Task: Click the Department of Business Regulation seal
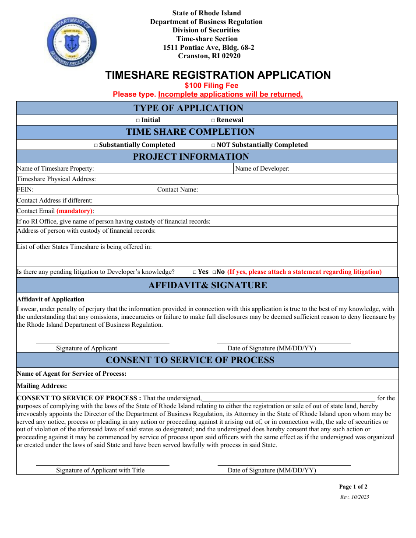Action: [x=72, y=42]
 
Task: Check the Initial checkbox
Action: [x=137, y=120]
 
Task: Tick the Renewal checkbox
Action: [x=213, y=120]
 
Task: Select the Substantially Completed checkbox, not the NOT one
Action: [x=96, y=145]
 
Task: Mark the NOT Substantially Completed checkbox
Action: [x=213, y=145]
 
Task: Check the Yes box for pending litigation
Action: [x=194, y=272]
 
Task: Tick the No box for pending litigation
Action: [x=214, y=272]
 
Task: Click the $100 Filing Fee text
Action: [x=212, y=86]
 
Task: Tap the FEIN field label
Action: [x=25, y=190]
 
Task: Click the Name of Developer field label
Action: [x=262, y=169]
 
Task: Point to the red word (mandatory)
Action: [x=74, y=211]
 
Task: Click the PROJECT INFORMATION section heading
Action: [x=191, y=157]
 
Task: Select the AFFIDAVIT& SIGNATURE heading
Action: [x=208, y=286]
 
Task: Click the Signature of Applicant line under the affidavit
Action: [x=102, y=342]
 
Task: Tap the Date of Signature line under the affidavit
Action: [x=284, y=342]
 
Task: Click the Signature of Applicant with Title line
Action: [x=102, y=465]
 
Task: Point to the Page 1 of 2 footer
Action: [x=353, y=487]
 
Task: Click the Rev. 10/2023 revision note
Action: [x=354, y=497]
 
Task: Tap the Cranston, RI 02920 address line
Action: [x=209, y=56]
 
